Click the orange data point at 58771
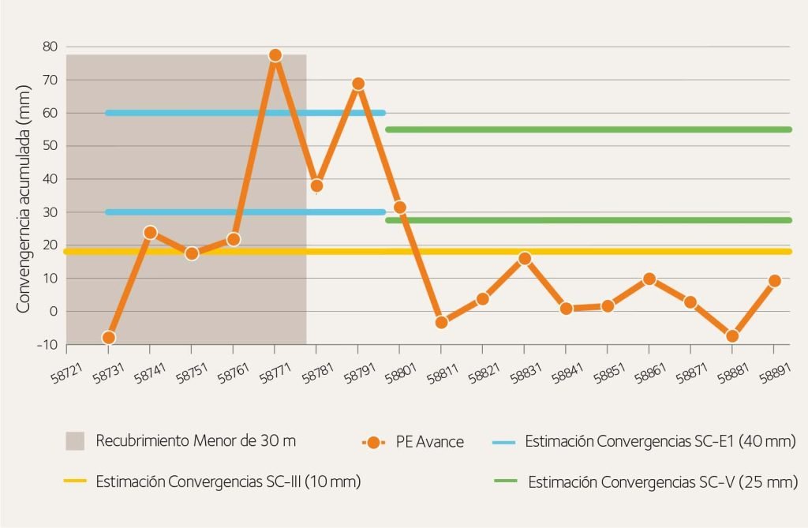coord(275,55)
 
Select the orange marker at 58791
coord(358,84)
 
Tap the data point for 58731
coord(109,338)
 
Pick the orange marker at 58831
coord(525,258)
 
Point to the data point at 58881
coord(732,335)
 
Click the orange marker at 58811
coord(441,322)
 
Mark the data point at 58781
coord(316,186)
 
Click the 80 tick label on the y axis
coord(50,47)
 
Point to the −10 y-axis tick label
coord(47,345)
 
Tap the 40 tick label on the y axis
coord(50,179)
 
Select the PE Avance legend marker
coord(374,442)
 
